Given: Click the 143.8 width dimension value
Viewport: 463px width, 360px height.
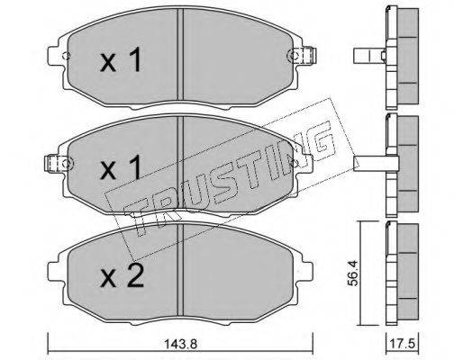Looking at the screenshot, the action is pyautogui.click(x=180, y=344).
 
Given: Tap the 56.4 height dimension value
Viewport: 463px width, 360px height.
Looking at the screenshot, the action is pyautogui.click(x=353, y=273).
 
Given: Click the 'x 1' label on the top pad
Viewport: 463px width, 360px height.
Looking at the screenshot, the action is pyautogui.click(x=121, y=60).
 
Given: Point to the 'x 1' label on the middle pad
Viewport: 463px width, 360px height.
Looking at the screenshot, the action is pyautogui.click(x=121, y=167).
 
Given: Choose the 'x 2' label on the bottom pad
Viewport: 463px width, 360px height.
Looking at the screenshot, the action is pyautogui.click(x=123, y=275).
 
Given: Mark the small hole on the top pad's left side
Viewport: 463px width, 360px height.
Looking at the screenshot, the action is pyautogui.click(x=66, y=56).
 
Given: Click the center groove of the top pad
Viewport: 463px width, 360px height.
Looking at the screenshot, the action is pyautogui.click(x=180, y=54).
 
